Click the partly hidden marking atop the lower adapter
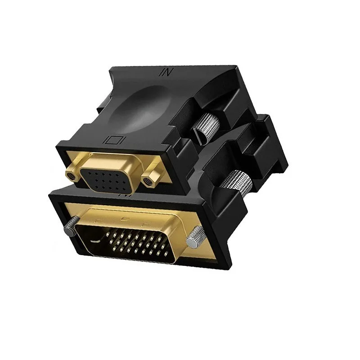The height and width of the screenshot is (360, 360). tap(121, 196)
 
